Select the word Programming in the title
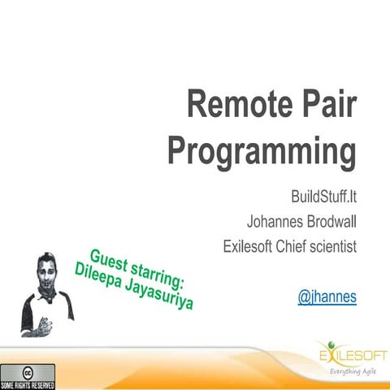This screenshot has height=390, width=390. click(x=262, y=152)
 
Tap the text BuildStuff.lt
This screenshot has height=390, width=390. click(x=323, y=197)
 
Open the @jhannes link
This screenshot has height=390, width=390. click(x=327, y=297)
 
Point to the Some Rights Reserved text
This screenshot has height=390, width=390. click(x=27, y=383)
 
